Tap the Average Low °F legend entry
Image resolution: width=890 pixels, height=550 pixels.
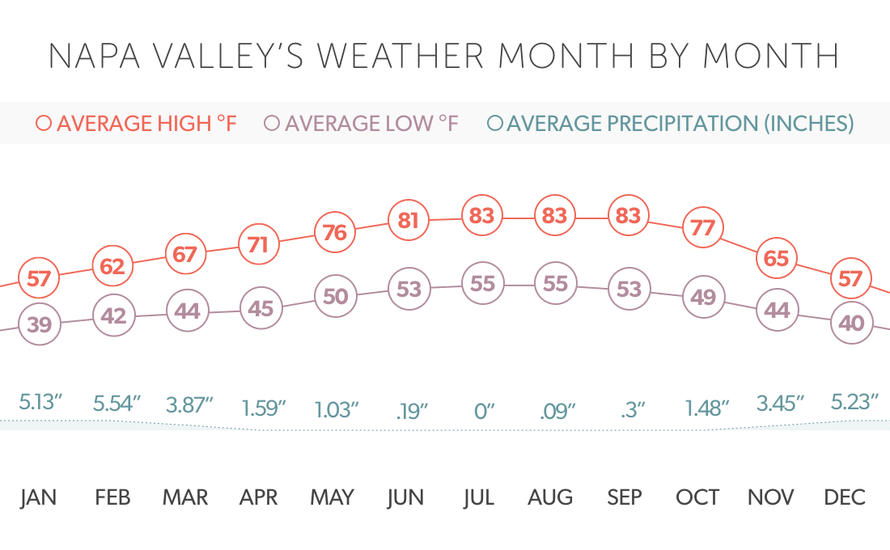tap(362, 124)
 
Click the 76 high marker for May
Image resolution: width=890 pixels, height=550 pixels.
tap(335, 233)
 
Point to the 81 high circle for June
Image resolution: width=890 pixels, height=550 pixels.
tap(409, 220)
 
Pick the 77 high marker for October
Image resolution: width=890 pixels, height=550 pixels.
tap(703, 228)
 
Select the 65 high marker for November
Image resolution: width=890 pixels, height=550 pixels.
tap(777, 259)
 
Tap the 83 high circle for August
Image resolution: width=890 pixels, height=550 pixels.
tap(556, 216)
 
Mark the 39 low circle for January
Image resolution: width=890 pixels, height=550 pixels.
tap(39, 324)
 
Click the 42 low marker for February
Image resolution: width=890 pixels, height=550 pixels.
tap(113, 315)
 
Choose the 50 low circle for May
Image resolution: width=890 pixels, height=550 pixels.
tap(335, 296)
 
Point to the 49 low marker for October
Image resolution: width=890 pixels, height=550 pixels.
tap(703, 298)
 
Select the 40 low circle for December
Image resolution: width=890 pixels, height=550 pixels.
tap(851, 323)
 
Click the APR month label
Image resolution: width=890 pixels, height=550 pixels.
tap(259, 497)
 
